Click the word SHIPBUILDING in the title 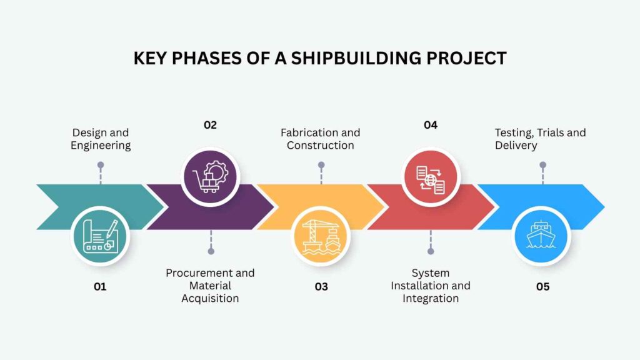tap(356, 58)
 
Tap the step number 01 tap(100, 286)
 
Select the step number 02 tap(210, 125)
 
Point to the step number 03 tap(321, 286)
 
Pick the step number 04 tap(431, 125)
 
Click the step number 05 tap(543, 286)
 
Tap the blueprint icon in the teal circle tap(101, 236)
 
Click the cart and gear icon tap(210, 176)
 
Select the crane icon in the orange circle tap(321, 236)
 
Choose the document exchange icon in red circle tap(431, 179)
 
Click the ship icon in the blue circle tap(541, 235)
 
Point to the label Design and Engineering tap(101, 139)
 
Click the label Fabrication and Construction tap(321, 139)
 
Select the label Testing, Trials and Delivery tap(540, 139)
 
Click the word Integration tap(431, 298)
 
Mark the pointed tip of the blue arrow tap(604, 207)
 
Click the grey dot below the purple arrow tap(211, 251)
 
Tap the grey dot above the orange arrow tap(321, 165)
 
